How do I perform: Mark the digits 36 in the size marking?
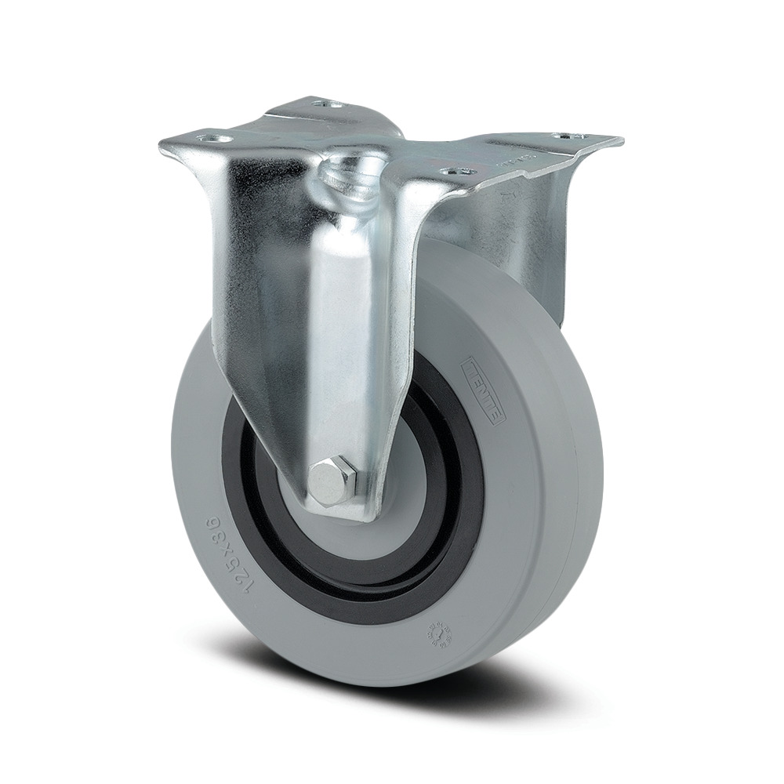[x=209, y=524]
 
